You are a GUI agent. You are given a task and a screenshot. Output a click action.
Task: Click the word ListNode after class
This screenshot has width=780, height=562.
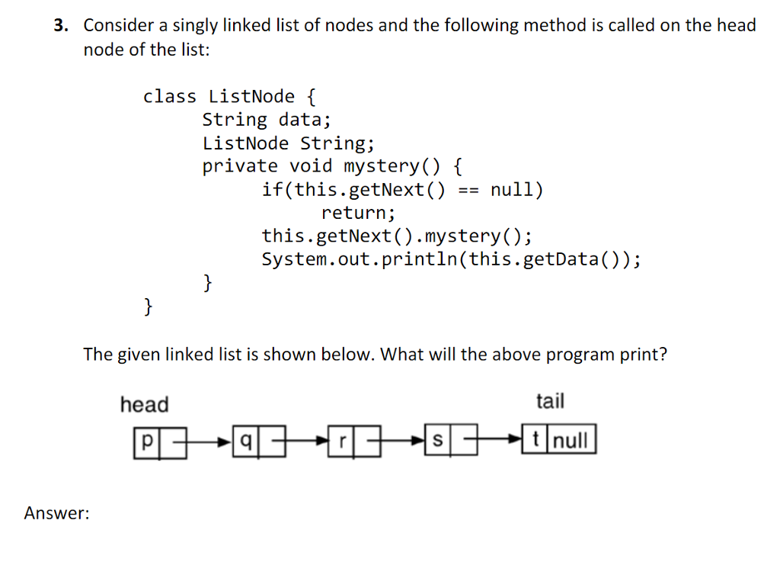coord(251,96)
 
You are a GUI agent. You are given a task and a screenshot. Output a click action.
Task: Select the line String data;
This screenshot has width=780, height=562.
coord(267,120)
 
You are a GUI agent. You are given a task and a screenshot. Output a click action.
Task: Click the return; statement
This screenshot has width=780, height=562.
coord(358,213)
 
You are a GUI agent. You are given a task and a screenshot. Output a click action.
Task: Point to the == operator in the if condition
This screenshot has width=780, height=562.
coord(468,190)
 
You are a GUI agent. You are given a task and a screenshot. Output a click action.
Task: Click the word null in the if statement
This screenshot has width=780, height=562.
coord(516,190)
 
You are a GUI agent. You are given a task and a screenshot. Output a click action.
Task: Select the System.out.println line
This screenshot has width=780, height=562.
coord(451,259)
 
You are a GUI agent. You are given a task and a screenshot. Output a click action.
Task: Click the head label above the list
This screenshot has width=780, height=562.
coord(145,404)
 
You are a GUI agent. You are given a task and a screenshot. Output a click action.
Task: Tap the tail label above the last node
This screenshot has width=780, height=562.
coord(550,401)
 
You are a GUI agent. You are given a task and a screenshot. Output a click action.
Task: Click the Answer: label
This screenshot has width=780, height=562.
coord(56,514)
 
